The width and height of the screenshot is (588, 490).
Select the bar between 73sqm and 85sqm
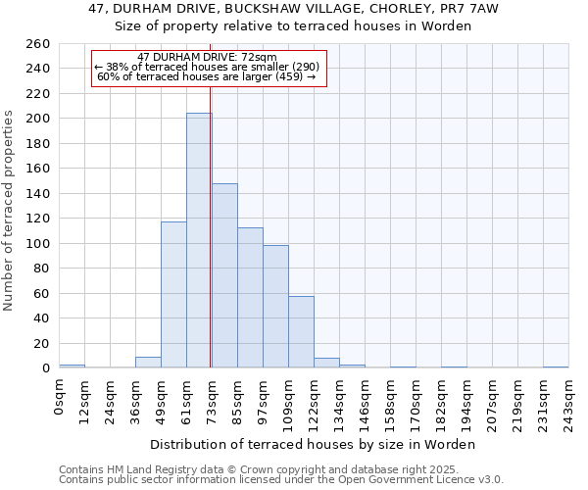coord(224,275)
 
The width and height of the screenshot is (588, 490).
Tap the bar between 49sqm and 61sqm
coord(173,294)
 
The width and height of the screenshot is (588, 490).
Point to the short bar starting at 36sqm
coord(148,362)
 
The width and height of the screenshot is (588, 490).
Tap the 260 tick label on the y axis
coord(37,44)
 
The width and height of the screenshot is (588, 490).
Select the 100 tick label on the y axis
coord(37,243)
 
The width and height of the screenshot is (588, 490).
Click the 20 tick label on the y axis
coord(40,343)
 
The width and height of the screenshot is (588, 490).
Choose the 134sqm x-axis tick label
coord(339,398)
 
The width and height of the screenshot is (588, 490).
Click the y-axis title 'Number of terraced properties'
coord(10,210)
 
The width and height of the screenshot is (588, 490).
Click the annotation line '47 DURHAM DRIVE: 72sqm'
coord(207,58)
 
